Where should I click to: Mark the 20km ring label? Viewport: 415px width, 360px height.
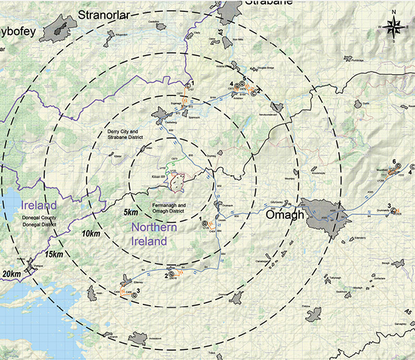(x=12, y=274)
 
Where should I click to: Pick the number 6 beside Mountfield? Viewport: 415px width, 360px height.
(x=394, y=162)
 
